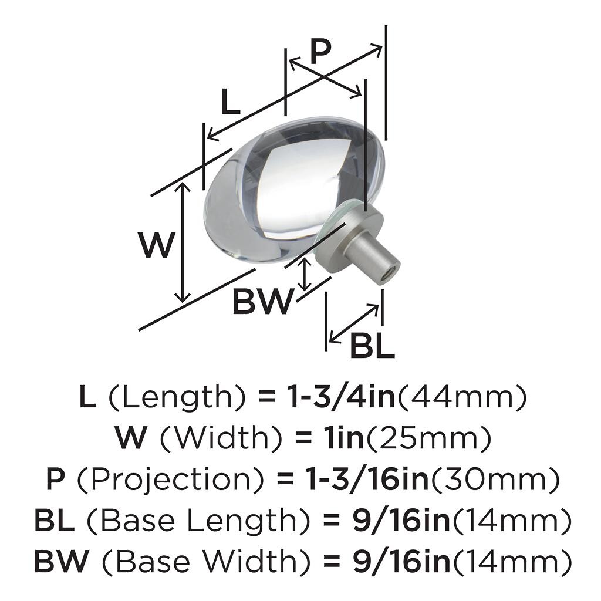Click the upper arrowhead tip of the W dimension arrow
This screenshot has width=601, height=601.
tap(183, 183)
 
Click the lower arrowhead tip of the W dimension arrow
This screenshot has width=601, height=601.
tap(183, 302)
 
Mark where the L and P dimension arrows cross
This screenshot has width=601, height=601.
tap(324, 77)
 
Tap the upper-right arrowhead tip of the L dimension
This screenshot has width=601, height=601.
tap(382, 46)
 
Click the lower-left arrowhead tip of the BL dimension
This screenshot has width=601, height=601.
tap(329, 342)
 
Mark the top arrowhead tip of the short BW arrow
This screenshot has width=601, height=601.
tap(305, 258)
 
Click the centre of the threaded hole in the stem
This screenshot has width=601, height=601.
tap(390, 274)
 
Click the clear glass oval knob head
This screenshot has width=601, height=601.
tap(293, 193)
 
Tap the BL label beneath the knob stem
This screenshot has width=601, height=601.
tap(372, 346)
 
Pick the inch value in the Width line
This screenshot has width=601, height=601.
tap(343, 438)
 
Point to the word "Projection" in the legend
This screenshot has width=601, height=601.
tap(170, 480)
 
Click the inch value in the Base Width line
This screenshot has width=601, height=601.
tap(401, 562)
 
